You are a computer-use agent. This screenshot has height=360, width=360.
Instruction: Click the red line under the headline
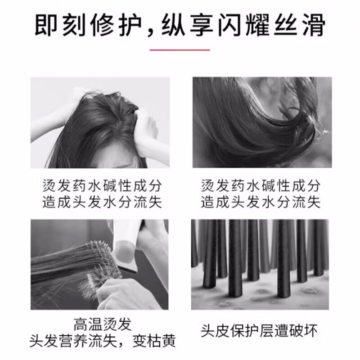click(x=180, y=50)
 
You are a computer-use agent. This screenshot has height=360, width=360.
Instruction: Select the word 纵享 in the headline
click(x=196, y=25)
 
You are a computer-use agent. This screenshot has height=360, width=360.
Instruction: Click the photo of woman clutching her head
click(x=100, y=122)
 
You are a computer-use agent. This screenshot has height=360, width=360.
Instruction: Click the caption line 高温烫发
click(x=99, y=324)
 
